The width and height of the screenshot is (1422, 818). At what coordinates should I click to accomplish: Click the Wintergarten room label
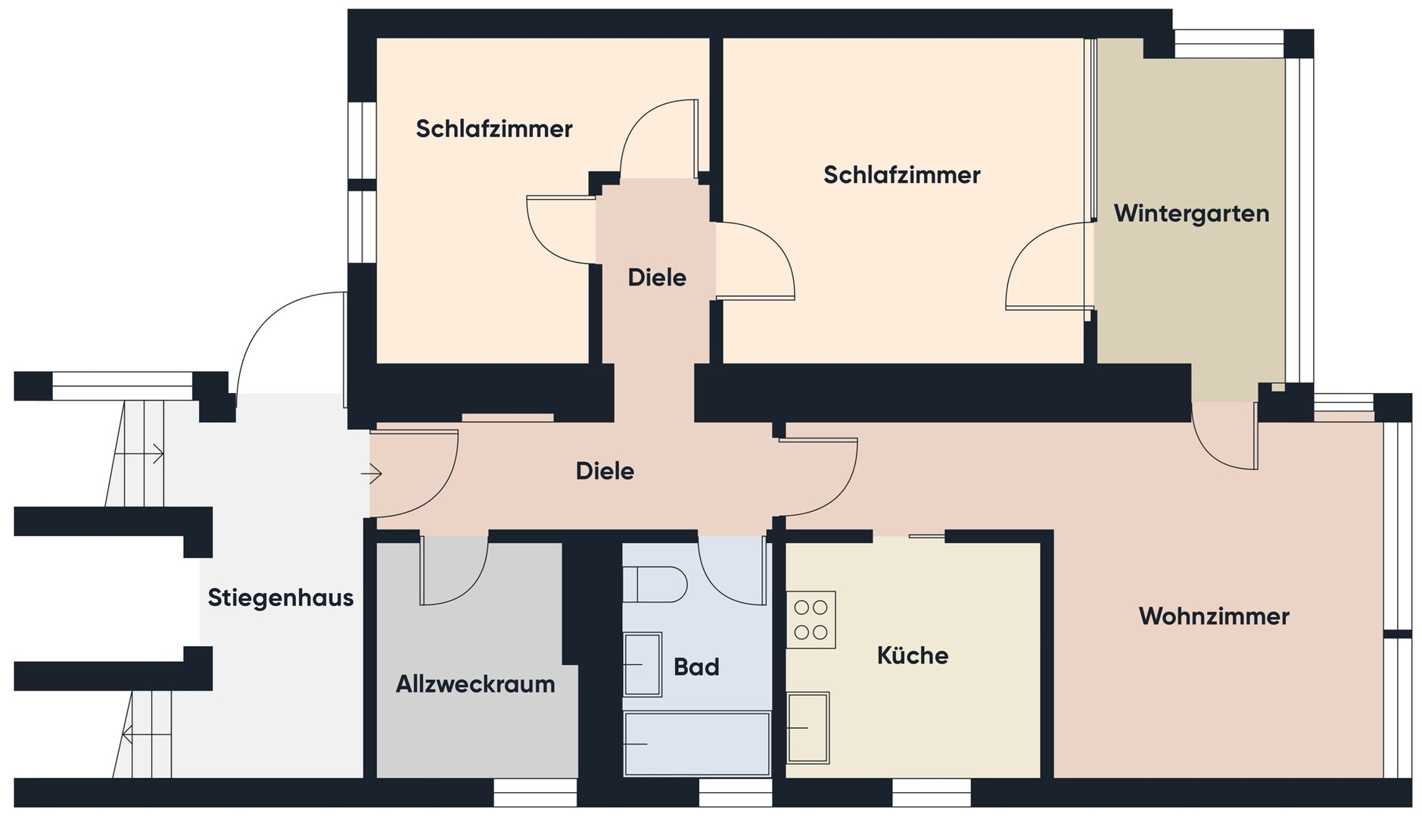pyautogui.click(x=1191, y=214)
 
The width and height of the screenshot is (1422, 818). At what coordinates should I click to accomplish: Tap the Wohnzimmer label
pyautogui.click(x=1214, y=616)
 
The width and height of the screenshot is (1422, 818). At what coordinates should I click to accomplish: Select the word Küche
pyautogui.click(x=913, y=655)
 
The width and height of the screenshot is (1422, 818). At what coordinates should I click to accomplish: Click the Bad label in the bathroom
pyautogui.click(x=696, y=667)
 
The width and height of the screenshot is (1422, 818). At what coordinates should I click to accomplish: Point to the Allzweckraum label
pyautogui.click(x=475, y=685)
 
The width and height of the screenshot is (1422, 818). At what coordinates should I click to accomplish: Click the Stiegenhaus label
pyautogui.click(x=281, y=598)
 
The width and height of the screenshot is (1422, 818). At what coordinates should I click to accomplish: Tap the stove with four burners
pyautogui.click(x=811, y=620)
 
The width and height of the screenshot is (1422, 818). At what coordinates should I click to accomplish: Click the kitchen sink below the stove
pyautogui.click(x=808, y=728)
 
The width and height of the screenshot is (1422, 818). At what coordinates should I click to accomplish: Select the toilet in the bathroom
pyautogui.click(x=655, y=584)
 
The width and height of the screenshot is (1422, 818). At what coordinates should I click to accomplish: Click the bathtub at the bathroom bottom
pyautogui.click(x=696, y=743)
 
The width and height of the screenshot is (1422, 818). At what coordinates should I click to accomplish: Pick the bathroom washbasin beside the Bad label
pyautogui.click(x=643, y=664)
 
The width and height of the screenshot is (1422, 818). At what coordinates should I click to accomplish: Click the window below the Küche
pyautogui.click(x=931, y=792)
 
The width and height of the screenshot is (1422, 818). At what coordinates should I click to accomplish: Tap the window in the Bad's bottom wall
pyautogui.click(x=735, y=792)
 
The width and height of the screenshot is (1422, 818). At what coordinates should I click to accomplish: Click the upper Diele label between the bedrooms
pyautogui.click(x=657, y=278)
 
